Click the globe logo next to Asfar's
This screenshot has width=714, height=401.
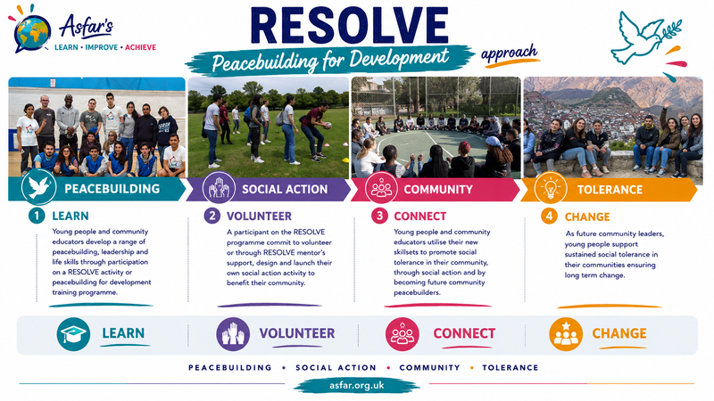point(32,33)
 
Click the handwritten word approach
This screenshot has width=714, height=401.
point(509,53)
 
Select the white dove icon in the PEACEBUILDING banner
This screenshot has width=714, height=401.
point(38,187)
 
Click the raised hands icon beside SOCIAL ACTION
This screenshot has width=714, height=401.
point(219,188)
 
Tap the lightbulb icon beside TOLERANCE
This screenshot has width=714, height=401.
point(550,188)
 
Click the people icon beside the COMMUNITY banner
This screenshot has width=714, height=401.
point(381,188)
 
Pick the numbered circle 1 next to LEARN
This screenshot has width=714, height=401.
point(37,216)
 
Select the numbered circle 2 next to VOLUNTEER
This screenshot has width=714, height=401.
point(212,216)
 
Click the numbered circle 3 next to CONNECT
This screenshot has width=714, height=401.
point(378,216)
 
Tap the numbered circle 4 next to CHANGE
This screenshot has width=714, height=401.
point(549,216)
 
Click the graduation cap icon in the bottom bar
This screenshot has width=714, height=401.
point(73,334)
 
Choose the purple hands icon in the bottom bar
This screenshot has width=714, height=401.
point(233,334)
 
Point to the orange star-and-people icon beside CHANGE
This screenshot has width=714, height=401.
point(566,334)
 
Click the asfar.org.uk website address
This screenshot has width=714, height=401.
point(356,386)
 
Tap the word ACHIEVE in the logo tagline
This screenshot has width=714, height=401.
point(140,47)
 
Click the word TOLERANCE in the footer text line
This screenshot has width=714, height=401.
point(510,367)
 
